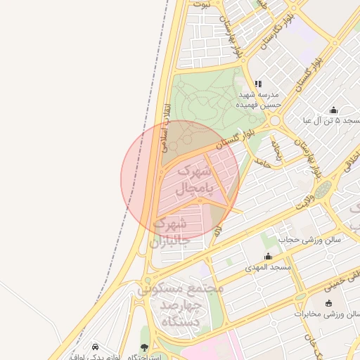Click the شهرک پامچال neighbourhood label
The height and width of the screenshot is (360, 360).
coord(193,179)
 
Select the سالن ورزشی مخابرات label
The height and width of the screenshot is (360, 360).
coord(327,314)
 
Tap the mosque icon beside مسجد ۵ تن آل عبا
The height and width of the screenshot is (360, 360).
coord(333,110)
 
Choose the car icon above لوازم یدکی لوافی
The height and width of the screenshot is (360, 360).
coord(95,347)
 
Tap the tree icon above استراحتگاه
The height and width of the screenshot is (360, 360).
coord(145,347)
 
